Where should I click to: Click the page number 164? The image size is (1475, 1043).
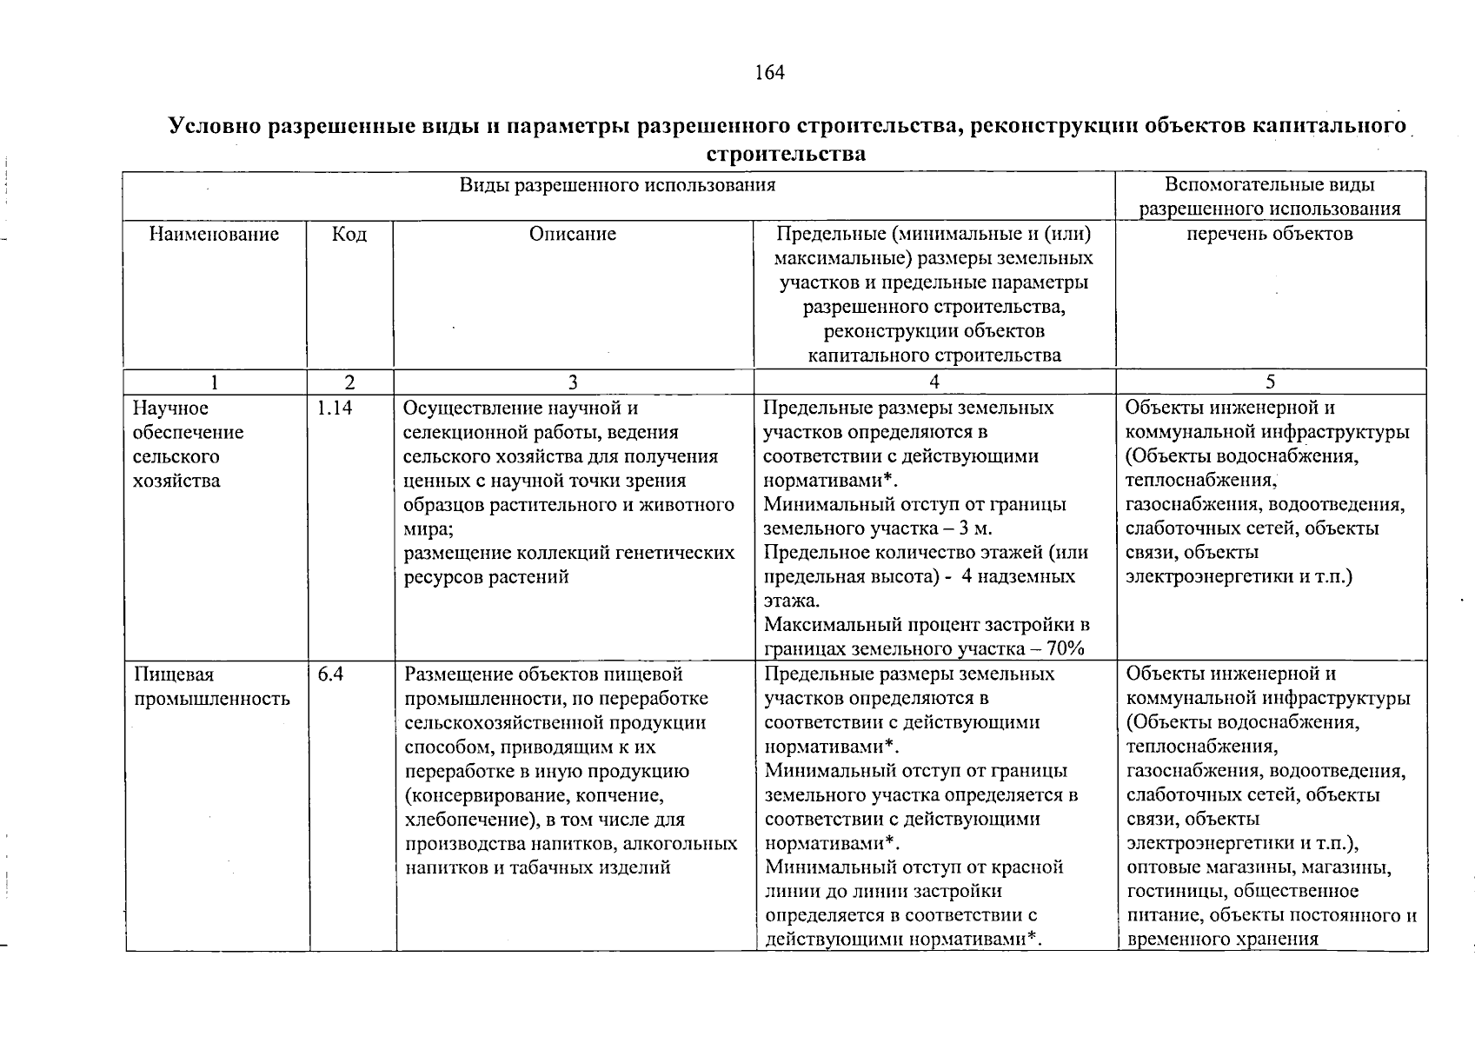pos(770,72)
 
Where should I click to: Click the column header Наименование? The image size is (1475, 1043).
pos(215,234)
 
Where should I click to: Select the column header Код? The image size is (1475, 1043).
pos(349,235)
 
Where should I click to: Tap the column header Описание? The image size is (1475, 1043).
pos(573,234)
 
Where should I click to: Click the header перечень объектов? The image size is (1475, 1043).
pos(1270,234)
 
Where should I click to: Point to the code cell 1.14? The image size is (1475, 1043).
pos(335,408)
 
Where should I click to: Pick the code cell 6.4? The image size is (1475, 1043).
pos(330,674)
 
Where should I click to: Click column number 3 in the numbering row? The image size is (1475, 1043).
pos(573,382)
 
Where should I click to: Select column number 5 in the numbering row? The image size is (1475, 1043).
pos(1271,382)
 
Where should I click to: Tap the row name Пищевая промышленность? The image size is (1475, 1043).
pos(212,687)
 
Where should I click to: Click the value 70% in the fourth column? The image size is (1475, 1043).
pos(1066,649)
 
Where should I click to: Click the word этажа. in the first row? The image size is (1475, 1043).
pos(791,601)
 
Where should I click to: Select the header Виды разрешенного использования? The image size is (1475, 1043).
pos(617,185)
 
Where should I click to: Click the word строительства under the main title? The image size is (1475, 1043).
pos(787,155)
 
